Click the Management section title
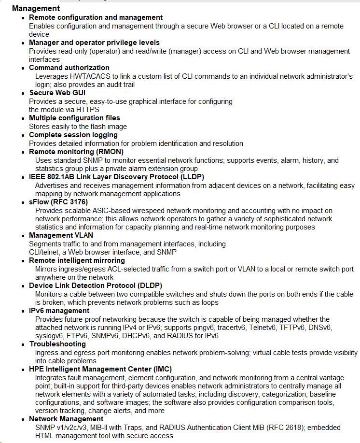[36, 8]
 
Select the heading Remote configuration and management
[96, 17]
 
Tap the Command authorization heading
[69, 68]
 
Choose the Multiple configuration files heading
[74, 118]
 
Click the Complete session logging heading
[73, 135]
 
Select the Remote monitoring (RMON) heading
[76, 152]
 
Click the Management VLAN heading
[61, 235]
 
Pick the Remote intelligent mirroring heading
[77, 260]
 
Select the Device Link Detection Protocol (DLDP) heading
[95, 286]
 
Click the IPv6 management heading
[59, 311]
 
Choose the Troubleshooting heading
[57, 344]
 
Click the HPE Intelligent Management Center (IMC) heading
[100, 369]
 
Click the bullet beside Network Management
[23, 419]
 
